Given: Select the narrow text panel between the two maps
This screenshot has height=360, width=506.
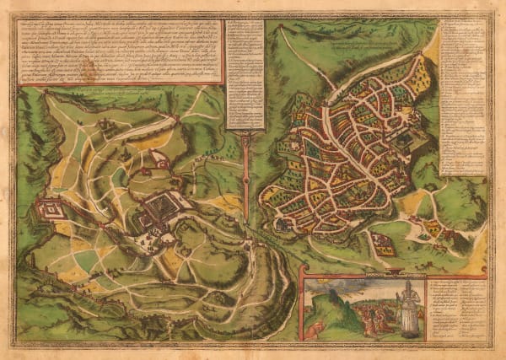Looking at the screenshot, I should (244, 76).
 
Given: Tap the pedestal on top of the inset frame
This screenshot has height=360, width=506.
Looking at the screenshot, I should (395, 272).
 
